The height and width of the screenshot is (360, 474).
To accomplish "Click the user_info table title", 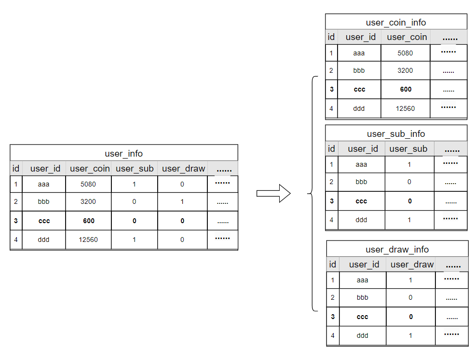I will (x=123, y=154).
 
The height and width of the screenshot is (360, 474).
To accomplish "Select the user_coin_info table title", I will (x=396, y=22).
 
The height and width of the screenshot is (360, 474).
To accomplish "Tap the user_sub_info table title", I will (x=396, y=133).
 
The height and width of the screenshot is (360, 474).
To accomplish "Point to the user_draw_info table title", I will (x=397, y=249).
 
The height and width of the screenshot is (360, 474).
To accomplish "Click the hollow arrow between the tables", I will (x=273, y=194).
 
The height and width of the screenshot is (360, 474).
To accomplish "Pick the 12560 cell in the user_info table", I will (x=88, y=240).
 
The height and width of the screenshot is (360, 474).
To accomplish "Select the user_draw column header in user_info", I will (x=183, y=169).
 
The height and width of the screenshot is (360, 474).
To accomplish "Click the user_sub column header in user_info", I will (x=135, y=169).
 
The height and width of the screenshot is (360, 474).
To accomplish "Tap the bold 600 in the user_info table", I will (x=88, y=221).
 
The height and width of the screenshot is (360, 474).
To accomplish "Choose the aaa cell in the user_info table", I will (x=43, y=184).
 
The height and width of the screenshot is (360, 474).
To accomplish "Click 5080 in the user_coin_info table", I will (x=405, y=53).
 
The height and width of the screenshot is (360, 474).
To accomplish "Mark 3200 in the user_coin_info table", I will (x=405, y=70).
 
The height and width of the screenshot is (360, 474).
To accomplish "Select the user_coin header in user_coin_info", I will (x=406, y=37).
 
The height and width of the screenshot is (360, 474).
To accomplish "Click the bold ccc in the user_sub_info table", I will (x=361, y=201).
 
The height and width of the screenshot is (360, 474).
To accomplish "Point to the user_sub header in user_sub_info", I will (x=408, y=149).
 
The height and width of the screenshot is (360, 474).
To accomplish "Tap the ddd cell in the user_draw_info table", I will (x=362, y=335).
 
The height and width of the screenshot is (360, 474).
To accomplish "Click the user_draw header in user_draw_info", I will (x=412, y=265).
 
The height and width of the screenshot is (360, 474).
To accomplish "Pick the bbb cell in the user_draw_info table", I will (x=362, y=297).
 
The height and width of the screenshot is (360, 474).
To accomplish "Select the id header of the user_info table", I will (x=16, y=169).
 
